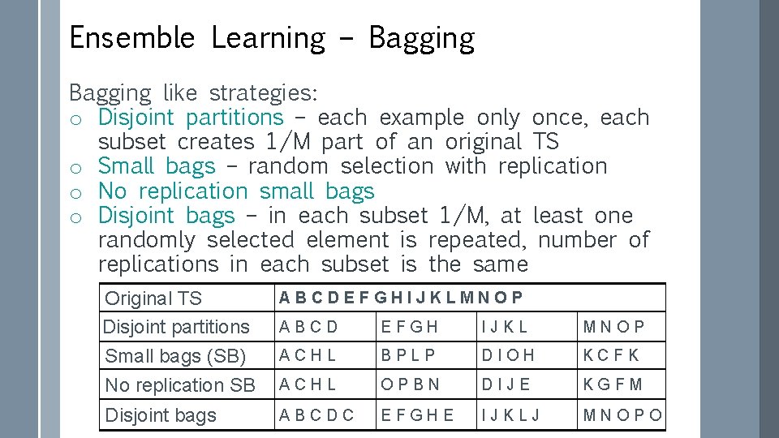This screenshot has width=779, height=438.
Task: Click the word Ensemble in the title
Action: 131,38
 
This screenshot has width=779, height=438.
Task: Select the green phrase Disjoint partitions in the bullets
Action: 191,118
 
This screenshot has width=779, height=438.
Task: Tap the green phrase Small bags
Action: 157,166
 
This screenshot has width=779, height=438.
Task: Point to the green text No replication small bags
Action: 236,191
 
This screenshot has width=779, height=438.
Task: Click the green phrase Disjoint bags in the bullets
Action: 166,216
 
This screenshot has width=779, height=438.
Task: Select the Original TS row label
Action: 153,298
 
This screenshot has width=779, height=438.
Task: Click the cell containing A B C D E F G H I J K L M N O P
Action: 401,298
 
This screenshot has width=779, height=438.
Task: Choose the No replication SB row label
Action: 180,385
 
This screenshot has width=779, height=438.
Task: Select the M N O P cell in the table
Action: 613,327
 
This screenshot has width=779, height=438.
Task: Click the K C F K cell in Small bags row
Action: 611,355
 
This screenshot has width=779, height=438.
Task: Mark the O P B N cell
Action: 411,384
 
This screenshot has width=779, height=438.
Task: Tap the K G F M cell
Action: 613,384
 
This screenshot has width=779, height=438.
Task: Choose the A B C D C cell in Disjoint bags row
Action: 316,415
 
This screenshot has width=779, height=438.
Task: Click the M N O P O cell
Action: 622,415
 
